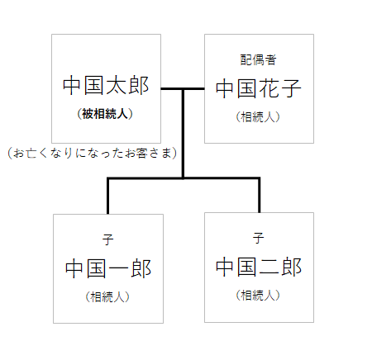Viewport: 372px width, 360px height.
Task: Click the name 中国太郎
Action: (106, 85)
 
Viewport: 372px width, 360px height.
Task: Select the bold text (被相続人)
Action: (105, 114)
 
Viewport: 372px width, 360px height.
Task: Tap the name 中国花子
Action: (259, 88)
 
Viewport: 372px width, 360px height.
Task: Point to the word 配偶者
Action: (258, 59)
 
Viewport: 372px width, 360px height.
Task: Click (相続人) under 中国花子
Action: (258, 116)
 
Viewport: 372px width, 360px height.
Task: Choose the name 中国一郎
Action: (108, 268)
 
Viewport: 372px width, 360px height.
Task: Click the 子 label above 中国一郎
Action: (107, 239)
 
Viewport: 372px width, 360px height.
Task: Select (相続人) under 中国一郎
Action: (107, 296)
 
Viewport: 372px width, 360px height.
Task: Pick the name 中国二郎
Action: (259, 267)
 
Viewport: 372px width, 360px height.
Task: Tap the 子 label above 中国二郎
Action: (258, 238)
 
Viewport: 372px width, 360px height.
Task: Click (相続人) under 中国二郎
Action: (258, 295)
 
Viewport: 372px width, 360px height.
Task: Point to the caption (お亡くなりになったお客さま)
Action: (93, 153)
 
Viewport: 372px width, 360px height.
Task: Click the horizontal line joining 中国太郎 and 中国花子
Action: (183, 88)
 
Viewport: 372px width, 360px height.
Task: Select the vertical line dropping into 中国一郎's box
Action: (107, 197)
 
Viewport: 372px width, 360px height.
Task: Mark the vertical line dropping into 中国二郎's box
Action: (260, 196)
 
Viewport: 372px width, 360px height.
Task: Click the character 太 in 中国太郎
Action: (117, 85)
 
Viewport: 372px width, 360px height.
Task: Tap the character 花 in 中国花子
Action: (269, 88)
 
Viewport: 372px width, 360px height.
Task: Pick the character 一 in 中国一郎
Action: (119, 268)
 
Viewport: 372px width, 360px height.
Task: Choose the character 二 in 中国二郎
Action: (269, 267)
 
